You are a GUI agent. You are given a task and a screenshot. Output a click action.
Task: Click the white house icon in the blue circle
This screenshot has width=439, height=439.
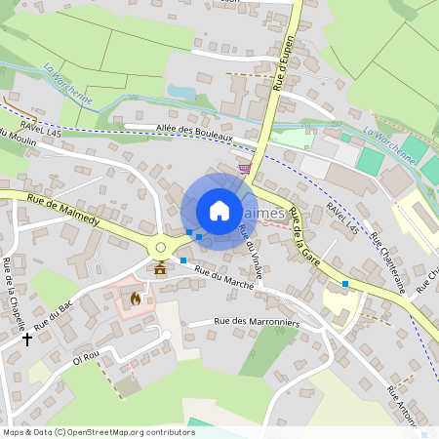coord(219,210)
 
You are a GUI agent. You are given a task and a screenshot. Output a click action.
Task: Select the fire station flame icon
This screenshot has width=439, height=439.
coord(136,299)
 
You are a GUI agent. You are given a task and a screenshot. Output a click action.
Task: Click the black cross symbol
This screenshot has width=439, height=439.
coord(27,339)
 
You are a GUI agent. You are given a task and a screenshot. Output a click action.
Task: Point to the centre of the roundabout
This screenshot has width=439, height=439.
coord(160,248)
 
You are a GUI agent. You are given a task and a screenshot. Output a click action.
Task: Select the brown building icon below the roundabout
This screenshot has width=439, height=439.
coord(160,268)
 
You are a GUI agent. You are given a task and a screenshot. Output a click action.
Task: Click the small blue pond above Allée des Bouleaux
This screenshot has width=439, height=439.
coord(180,92)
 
